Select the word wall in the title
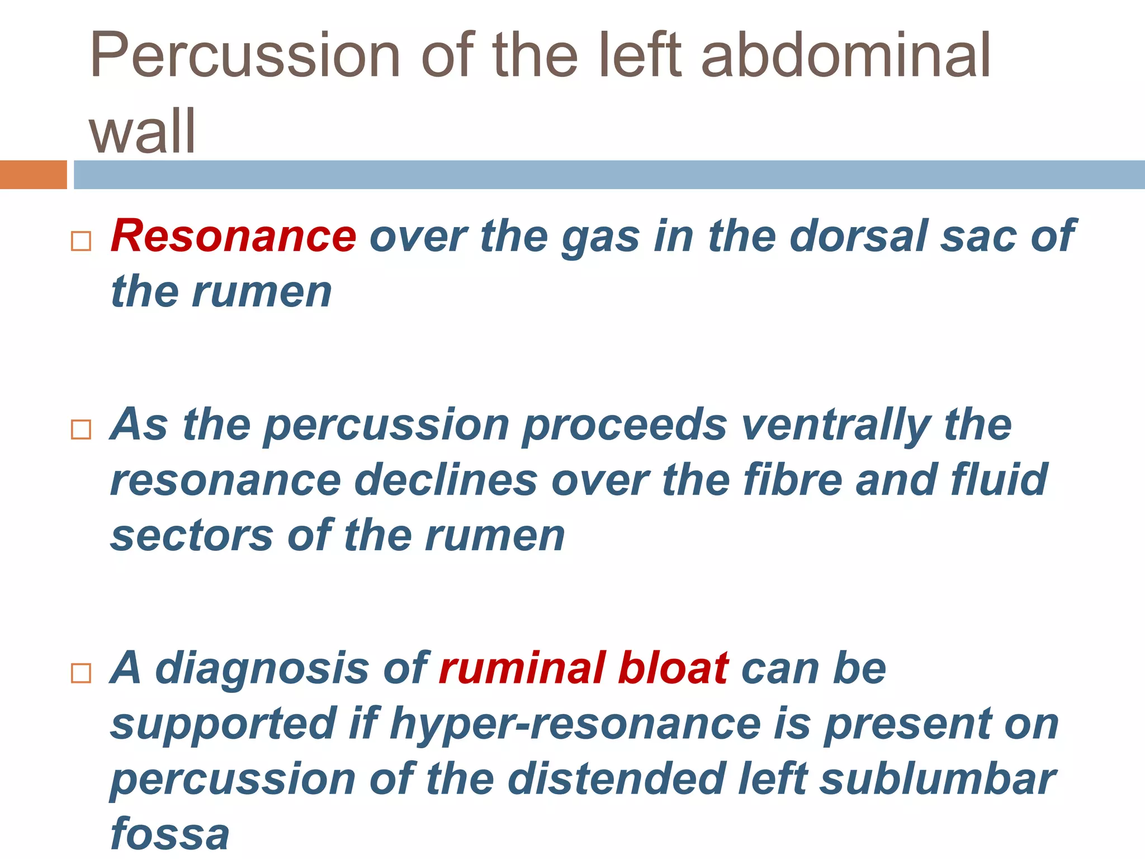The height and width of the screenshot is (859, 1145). pos(143,131)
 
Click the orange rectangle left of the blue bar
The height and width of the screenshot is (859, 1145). pos(33,174)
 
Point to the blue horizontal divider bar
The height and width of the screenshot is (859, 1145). pos(609,174)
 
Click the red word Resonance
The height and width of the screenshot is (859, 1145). pos(233,236)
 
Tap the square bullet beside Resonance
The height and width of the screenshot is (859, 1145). pos(81,241)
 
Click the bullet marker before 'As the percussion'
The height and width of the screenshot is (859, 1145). pos(81,429)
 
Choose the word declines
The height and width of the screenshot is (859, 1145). pos(446,480)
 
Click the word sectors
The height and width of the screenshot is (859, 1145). pos(192,536)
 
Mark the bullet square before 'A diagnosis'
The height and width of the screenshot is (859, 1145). pos(81,673)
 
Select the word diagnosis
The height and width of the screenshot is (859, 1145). pos(262,669)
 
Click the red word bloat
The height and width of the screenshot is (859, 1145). pos(673,668)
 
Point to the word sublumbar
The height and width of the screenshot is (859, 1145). pos(937,778)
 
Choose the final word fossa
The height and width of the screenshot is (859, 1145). pos(170,833)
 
